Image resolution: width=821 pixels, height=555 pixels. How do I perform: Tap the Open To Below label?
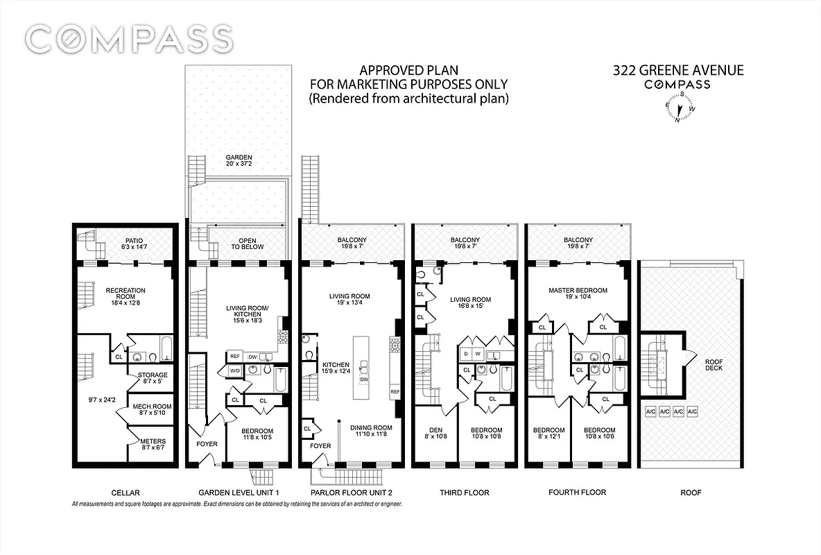tap(239, 243)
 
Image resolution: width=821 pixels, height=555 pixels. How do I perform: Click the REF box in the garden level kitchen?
tap(234, 357)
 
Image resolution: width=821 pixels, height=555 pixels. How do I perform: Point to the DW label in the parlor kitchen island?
tap(364, 379)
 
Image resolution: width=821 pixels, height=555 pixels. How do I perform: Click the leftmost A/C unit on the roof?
tap(650, 411)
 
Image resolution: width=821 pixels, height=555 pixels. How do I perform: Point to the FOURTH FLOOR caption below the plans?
tap(577, 493)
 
